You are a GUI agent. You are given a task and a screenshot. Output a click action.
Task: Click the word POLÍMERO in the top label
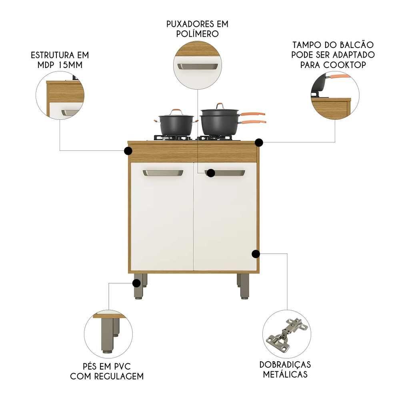tap(197, 34)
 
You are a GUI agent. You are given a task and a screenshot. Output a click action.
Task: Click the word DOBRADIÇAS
tap(285, 364)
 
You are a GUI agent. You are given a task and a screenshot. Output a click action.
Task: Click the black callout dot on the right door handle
tap(210, 173)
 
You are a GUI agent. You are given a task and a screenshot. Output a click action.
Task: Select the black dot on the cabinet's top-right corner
tap(259, 142)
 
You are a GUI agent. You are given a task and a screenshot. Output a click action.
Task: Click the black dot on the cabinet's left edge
tap(128, 151)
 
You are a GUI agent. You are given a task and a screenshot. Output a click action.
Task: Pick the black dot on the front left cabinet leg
tap(136, 283)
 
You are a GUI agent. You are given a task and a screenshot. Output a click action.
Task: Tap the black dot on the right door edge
tap(256, 254)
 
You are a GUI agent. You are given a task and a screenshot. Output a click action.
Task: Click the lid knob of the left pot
tap(176, 110)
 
